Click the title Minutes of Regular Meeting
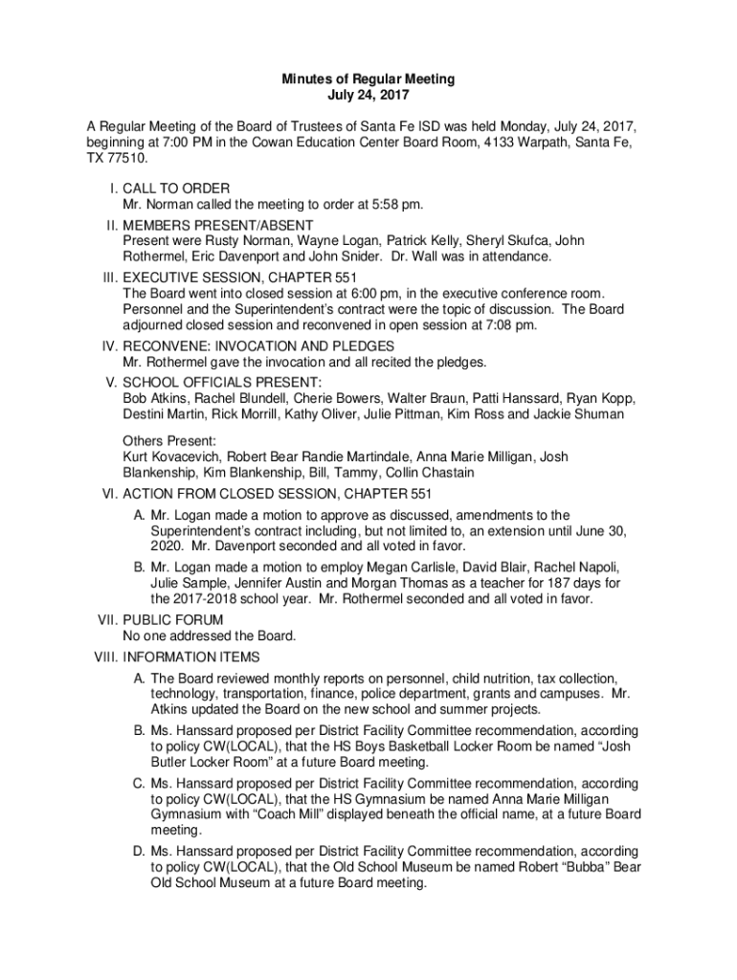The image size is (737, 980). point(368,78)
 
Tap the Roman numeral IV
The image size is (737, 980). point(107,345)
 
